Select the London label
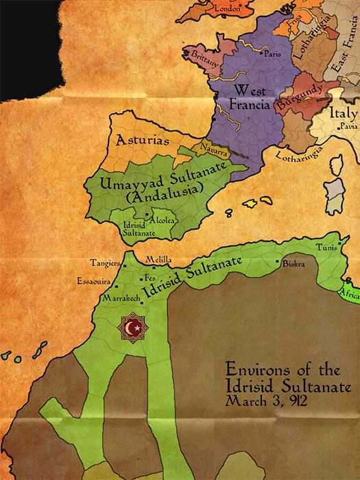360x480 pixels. (228, 8)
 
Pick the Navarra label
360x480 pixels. (214, 151)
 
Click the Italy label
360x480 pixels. (344, 113)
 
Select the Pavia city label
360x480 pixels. (348, 128)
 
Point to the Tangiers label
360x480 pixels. (104, 263)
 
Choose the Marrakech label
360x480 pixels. (121, 299)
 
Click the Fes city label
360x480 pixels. (151, 278)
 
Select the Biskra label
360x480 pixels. (296, 262)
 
